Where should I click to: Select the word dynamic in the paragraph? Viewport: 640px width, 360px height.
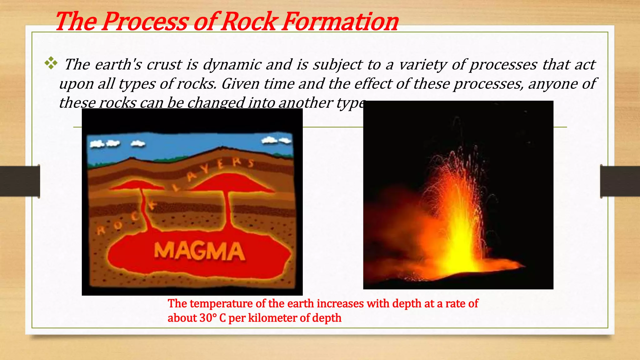point(232,65)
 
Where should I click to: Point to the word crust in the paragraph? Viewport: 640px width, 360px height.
point(164,65)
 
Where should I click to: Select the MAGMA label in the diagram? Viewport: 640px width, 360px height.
point(199,252)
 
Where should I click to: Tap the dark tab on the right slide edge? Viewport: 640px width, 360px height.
point(620,181)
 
